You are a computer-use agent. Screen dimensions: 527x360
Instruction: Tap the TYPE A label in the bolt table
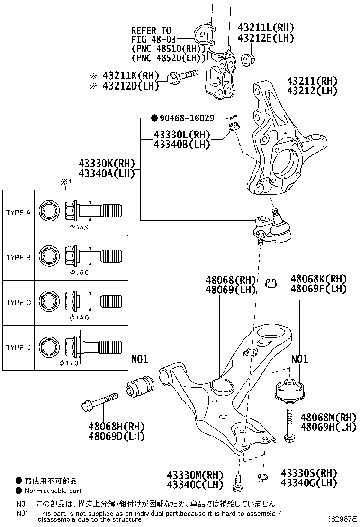(x=18, y=213)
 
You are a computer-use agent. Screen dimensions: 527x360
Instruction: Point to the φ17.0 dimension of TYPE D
(x=69, y=363)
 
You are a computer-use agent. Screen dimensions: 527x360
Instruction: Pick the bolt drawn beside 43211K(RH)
(x=182, y=76)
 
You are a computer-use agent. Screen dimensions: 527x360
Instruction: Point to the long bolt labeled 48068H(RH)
(x=99, y=400)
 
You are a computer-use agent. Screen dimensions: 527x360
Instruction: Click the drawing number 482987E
(x=341, y=520)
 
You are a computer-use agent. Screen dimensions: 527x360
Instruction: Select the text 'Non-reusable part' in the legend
(x=53, y=491)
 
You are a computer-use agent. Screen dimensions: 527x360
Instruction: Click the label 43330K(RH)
(x=107, y=164)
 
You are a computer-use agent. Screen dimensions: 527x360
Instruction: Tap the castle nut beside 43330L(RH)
(x=234, y=127)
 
